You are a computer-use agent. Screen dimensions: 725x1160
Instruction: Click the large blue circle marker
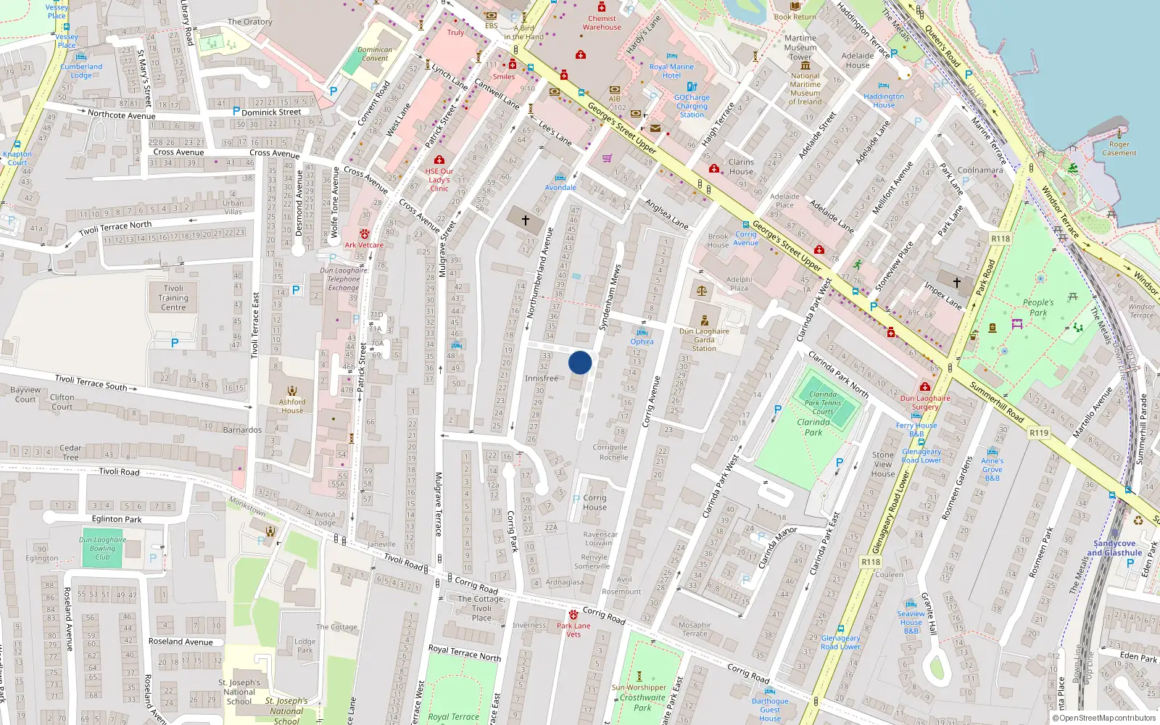[580, 362]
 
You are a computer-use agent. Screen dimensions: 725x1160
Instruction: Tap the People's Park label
[1038, 307]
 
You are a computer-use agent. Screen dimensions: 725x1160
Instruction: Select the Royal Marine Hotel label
[671, 71]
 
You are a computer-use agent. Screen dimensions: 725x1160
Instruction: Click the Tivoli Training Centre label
[173, 298]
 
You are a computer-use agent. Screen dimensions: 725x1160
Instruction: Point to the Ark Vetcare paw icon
[364, 234]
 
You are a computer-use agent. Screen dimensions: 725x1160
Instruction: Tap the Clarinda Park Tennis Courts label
[823, 402]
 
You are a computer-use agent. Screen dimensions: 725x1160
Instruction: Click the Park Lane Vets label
[573, 630]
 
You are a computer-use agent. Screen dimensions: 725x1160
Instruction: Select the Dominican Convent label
[375, 54]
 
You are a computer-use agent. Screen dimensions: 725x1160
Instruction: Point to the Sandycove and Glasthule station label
[1114, 548]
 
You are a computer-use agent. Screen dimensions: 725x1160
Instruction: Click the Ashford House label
[292, 406]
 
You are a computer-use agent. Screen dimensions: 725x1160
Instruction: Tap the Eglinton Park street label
[117, 519]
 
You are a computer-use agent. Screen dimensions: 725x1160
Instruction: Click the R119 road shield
[1039, 433]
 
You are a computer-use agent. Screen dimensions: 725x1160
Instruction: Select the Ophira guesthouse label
[642, 341]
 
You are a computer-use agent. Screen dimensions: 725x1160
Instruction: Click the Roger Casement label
[1119, 149]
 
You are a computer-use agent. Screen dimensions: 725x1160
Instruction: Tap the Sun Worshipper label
[639, 687]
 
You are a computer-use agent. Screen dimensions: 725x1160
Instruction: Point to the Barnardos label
[242, 430]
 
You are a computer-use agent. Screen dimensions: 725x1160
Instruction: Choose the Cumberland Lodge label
[81, 71]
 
